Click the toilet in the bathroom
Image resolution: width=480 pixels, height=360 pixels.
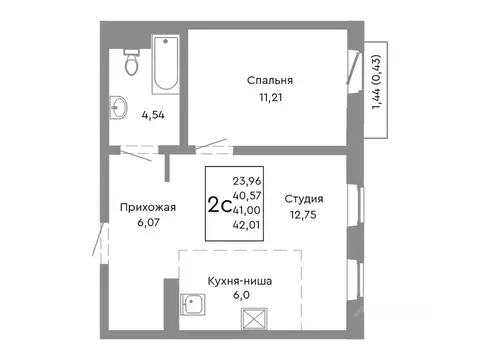pos(132,62)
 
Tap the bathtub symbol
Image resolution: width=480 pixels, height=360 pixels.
pos(166,64)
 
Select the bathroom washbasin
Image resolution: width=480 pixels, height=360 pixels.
pos(118,107)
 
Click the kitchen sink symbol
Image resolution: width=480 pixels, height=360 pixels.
pos(192,305)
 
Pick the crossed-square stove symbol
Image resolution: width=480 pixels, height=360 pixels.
pos(254,319)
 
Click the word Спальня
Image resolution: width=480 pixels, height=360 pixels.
pos(270,80)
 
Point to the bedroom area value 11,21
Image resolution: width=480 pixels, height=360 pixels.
pos(271,97)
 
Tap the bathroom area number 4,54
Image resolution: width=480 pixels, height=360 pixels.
pos(153,115)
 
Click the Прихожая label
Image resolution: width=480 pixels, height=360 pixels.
pos(148,207)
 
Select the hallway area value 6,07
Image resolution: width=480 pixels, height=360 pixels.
pos(149,222)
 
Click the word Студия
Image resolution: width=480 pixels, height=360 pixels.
pos(304,199)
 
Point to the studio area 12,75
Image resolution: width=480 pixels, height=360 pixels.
pos(303,215)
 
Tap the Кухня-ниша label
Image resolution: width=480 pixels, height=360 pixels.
pos(240,281)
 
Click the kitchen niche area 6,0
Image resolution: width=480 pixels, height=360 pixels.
pos(242,295)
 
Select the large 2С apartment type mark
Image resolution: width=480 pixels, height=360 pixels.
pos(219,204)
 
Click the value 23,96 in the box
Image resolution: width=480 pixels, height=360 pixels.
pos(247,181)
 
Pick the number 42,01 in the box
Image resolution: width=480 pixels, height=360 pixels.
pos(246,225)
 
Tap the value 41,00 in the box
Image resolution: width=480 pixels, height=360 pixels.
pos(247,210)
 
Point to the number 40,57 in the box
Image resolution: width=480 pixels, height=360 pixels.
pos(247,196)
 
